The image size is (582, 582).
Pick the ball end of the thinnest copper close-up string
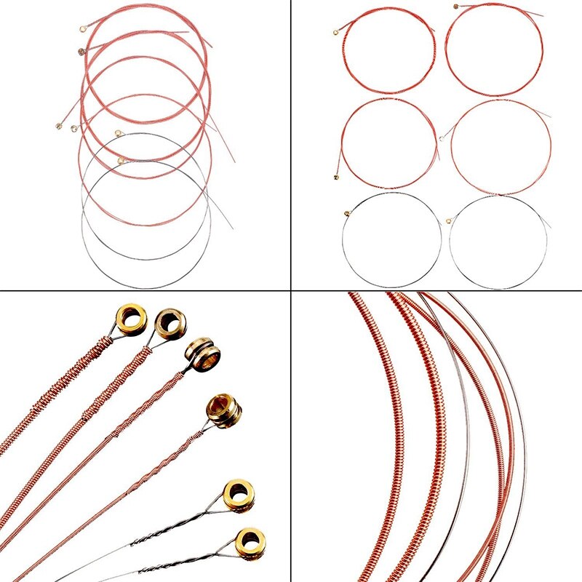coord(223,410)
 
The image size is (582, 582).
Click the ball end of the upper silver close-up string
coord(238,494)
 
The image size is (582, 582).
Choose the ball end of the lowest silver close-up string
coord(250,543)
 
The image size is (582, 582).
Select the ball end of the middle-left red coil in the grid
coord(337,177)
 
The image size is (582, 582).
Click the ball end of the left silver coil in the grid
coord(346,213)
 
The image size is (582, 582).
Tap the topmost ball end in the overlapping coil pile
coord(82,31)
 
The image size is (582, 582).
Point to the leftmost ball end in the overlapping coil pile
coord(58,126)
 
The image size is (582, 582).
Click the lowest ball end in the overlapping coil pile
coord(121,161)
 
